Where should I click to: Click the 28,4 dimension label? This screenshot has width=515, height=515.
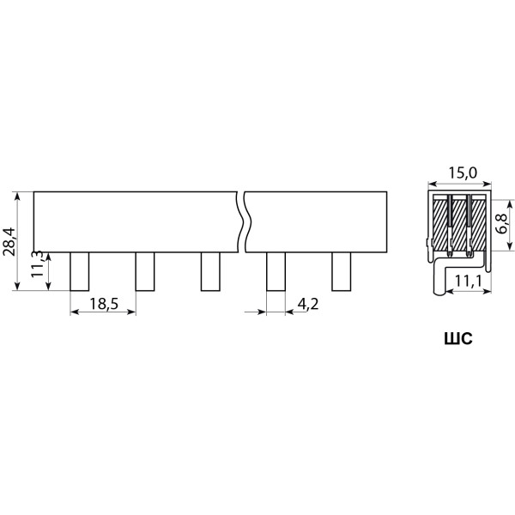pyautogui.click(x=9, y=241)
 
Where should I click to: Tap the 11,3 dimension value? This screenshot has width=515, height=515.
pyautogui.click(x=37, y=264)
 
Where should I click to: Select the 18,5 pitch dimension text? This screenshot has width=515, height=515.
pyautogui.click(x=104, y=304)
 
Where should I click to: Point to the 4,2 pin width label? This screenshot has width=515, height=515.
pyautogui.click(x=308, y=304)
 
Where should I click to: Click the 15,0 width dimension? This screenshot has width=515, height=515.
pyautogui.click(x=463, y=173)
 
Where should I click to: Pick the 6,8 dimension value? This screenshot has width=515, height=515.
pyautogui.click(x=503, y=223)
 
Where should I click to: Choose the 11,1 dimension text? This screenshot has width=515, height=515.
pyautogui.click(x=468, y=281)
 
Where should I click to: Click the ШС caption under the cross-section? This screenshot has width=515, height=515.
pyautogui.click(x=458, y=339)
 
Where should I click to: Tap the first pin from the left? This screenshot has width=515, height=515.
pyautogui.click(x=80, y=271)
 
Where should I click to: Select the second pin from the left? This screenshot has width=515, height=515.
pyautogui.click(x=145, y=271)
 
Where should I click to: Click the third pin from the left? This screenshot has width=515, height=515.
pyautogui.click(x=210, y=271)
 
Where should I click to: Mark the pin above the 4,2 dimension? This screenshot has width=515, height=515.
pyautogui.click(x=276, y=271)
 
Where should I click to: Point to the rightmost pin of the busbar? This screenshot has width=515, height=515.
pyautogui.click(x=342, y=271)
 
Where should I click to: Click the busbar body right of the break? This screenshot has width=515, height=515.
pyautogui.click(x=317, y=222)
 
